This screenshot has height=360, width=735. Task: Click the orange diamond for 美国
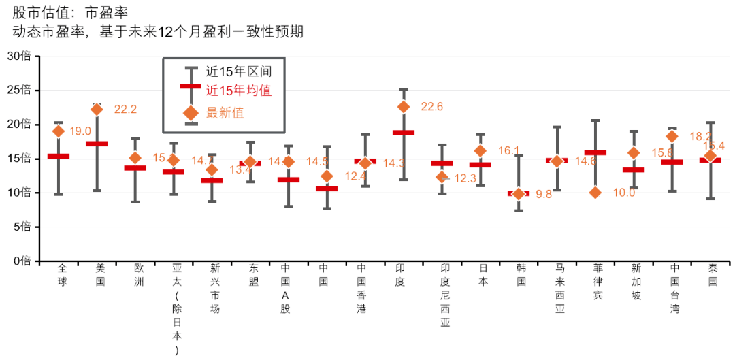97,109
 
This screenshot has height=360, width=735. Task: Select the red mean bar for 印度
404,133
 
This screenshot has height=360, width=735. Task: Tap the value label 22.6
432,107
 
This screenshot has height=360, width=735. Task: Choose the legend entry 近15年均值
239,91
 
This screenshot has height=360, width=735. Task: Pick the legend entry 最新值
225,112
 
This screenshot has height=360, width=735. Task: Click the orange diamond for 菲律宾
595,193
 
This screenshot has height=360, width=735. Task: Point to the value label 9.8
544,194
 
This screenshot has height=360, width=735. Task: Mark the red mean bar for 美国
97,144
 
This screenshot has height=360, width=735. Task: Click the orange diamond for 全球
59,131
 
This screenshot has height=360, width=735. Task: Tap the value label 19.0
80,131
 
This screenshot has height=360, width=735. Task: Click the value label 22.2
125,109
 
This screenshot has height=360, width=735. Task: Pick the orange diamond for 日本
480,150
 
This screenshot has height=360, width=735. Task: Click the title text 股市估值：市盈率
69,12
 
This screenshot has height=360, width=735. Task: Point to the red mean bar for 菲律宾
595,152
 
